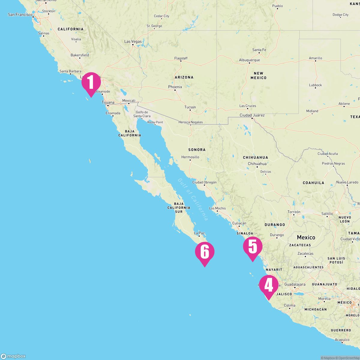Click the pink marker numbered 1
(91, 82)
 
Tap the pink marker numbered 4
(268, 285)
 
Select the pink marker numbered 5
(253, 247)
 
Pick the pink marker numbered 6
(205, 252)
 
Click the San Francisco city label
(20, 14)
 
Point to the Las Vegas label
(133, 41)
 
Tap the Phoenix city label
(175, 87)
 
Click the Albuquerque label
(249, 60)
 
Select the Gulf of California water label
(193, 199)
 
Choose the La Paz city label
(199, 233)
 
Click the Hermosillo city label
(190, 157)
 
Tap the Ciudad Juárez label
(252, 115)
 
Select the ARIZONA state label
(184, 77)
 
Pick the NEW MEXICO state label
(258, 75)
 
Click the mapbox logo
(13, 356)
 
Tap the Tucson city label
(190, 107)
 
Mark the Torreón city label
(294, 212)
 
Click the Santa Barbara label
(70, 71)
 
